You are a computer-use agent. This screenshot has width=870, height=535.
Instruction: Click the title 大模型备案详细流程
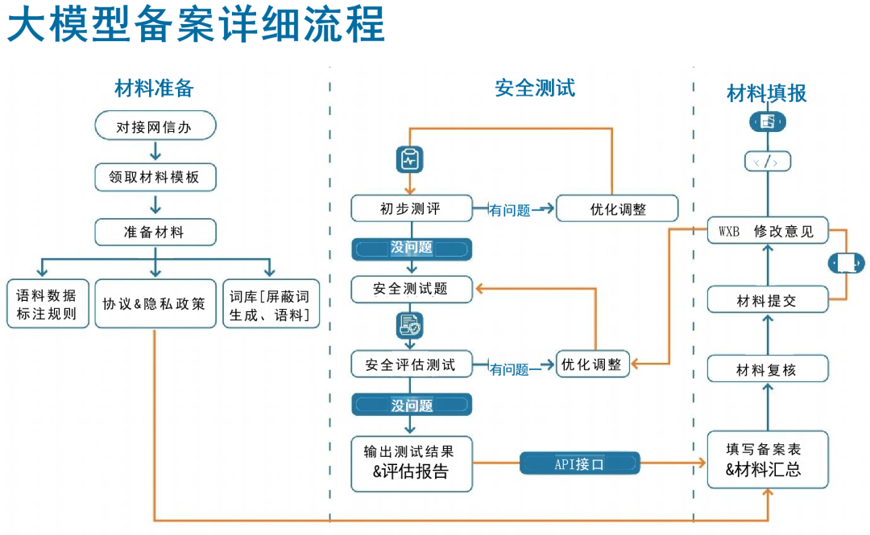[196, 26]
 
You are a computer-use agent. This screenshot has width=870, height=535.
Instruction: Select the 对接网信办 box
[155, 127]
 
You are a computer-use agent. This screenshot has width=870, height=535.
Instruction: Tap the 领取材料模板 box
[155, 177]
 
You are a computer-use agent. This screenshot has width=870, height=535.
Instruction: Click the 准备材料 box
[155, 232]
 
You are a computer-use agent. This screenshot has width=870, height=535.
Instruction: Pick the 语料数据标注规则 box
[47, 304]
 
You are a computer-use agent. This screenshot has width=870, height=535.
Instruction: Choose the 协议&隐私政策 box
[155, 304]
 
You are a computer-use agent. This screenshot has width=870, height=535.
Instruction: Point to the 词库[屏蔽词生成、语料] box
[271, 304]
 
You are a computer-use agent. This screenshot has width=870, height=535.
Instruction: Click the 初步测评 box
[411, 208]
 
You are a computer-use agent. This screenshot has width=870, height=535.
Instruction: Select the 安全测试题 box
[411, 289]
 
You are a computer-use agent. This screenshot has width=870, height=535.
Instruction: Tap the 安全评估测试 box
[411, 364]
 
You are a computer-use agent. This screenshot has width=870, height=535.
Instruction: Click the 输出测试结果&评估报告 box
[411, 463]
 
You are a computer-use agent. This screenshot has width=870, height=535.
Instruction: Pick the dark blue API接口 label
[579, 463]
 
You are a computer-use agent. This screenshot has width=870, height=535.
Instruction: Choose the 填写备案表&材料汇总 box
[767, 459]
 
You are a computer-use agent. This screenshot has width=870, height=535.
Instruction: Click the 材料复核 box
[767, 369]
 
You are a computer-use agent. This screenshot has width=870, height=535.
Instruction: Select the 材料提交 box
[767, 300]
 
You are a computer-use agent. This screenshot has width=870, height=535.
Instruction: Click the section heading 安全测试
[535, 88]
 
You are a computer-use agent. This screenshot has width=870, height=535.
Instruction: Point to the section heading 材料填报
[766, 93]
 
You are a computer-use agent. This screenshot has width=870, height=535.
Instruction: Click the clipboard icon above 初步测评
[410, 159]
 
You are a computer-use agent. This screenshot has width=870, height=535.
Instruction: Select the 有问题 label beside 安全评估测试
[510, 369]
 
